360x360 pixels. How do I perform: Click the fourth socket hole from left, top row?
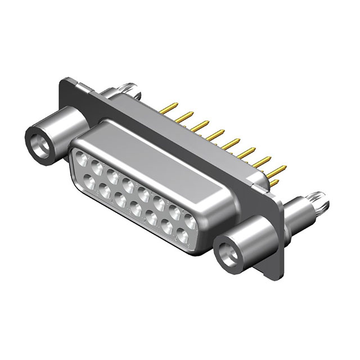[128, 184]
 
